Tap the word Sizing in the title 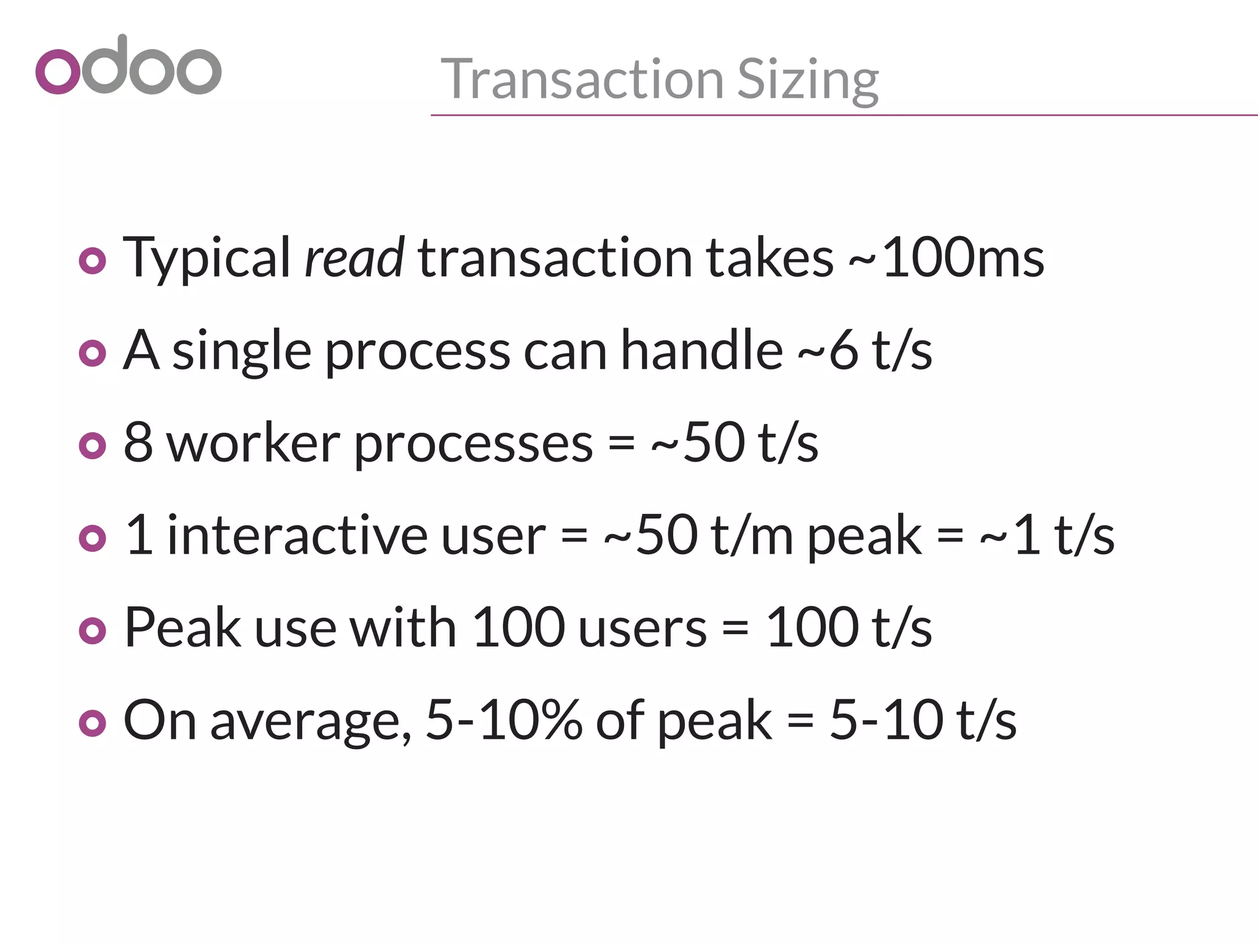(x=808, y=81)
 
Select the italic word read (x=354, y=258)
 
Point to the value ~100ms (x=946, y=258)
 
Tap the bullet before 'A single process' (x=93, y=353)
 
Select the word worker (x=253, y=443)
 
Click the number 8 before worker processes (x=138, y=443)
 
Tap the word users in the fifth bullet (x=643, y=627)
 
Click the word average (x=310, y=720)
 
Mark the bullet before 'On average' (x=93, y=723)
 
